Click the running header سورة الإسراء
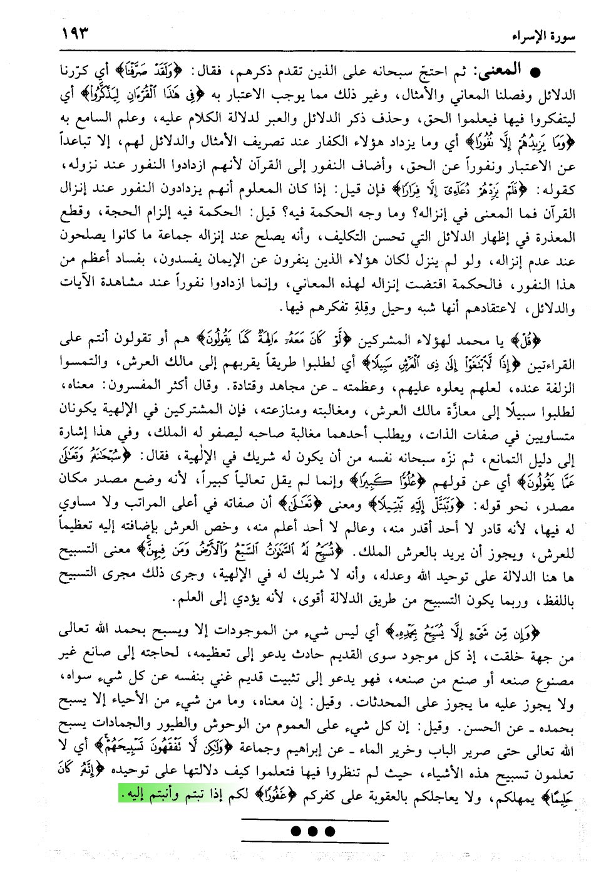[540, 35]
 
